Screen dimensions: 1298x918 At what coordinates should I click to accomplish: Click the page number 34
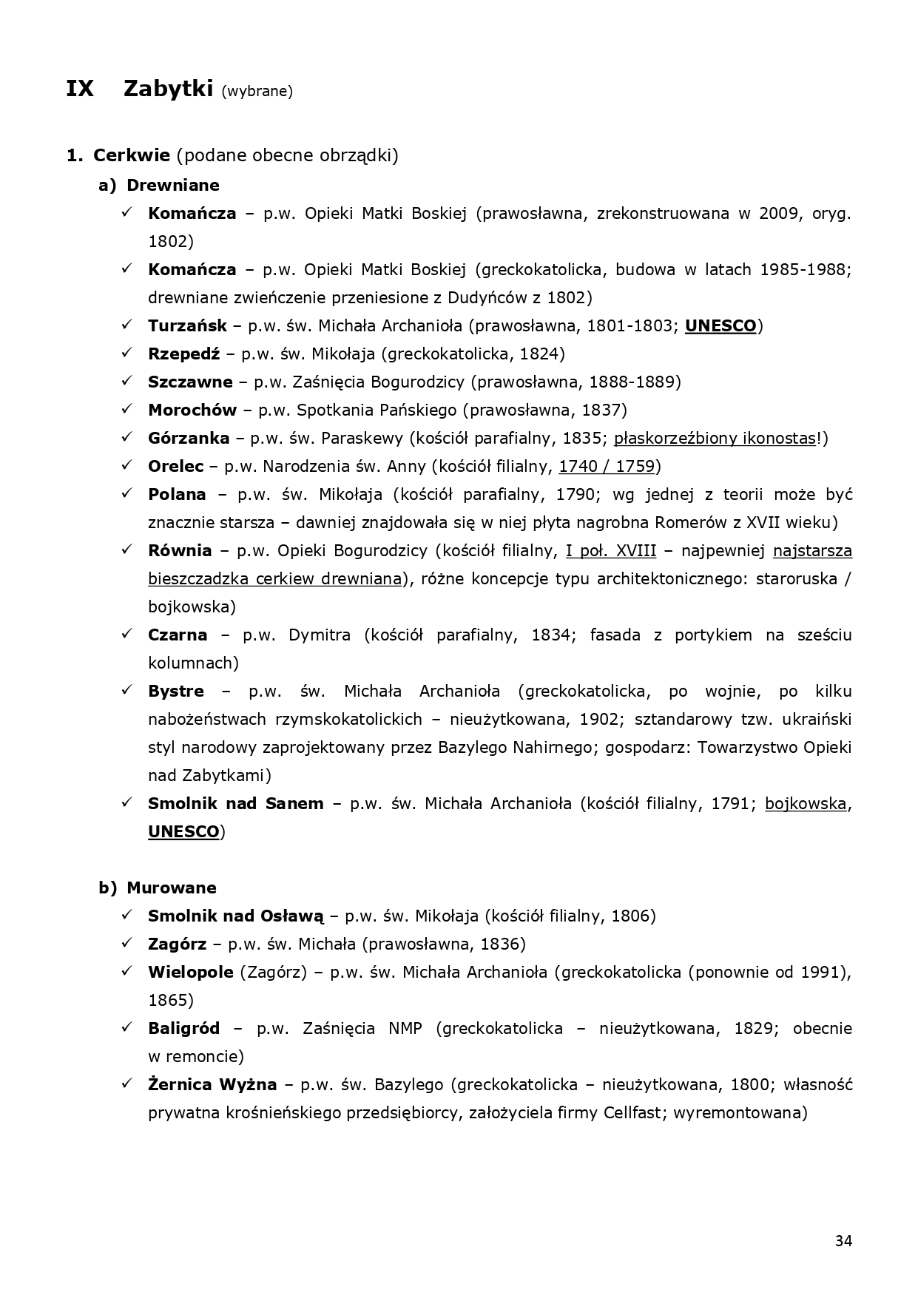tap(843, 1241)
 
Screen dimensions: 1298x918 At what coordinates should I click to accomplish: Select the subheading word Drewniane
tap(173, 185)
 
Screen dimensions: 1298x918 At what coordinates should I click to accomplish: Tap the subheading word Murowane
tap(172, 888)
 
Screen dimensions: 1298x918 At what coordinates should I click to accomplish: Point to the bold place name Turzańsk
tap(188, 325)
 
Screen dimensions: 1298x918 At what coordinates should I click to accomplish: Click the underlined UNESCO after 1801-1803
tap(720, 325)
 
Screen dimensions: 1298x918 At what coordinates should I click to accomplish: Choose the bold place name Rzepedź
tap(184, 354)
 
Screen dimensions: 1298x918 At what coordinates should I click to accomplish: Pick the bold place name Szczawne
tap(190, 382)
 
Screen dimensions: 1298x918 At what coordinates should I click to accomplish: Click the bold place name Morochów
tap(192, 410)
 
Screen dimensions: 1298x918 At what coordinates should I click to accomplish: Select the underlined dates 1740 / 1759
tap(607, 466)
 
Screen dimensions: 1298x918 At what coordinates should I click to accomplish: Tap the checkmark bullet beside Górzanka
tap(127, 438)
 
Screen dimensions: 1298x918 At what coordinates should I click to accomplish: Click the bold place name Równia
tap(180, 550)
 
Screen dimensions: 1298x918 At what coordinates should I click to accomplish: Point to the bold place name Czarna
tap(178, 635)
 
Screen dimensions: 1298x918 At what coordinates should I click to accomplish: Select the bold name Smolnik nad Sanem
tap(236, 803)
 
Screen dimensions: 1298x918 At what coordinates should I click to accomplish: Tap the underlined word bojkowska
tap(806, 803)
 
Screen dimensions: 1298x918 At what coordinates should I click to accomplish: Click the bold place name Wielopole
tap(191, 972)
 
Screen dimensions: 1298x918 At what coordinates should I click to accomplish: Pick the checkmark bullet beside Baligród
tap(127, 1028)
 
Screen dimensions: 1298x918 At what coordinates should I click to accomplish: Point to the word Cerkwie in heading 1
tap(132, 155)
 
